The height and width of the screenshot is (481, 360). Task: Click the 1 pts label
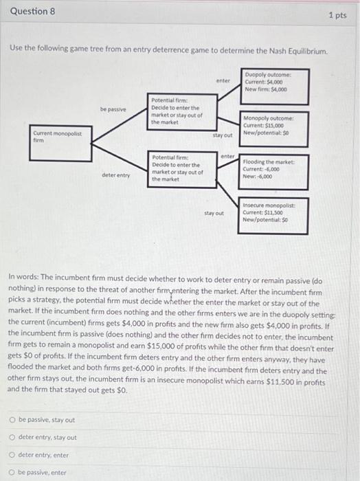coord(337,14)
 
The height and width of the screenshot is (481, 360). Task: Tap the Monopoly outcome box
coord(274,124)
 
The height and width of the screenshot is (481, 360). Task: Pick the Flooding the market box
coord(274,168)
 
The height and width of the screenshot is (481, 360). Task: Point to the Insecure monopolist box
coord(274,214)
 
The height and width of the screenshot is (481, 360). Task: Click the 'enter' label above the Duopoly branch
coord(223,80)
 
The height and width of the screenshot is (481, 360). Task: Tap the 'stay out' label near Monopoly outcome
coord(223,135)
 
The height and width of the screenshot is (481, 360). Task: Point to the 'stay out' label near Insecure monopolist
coord(214,213)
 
